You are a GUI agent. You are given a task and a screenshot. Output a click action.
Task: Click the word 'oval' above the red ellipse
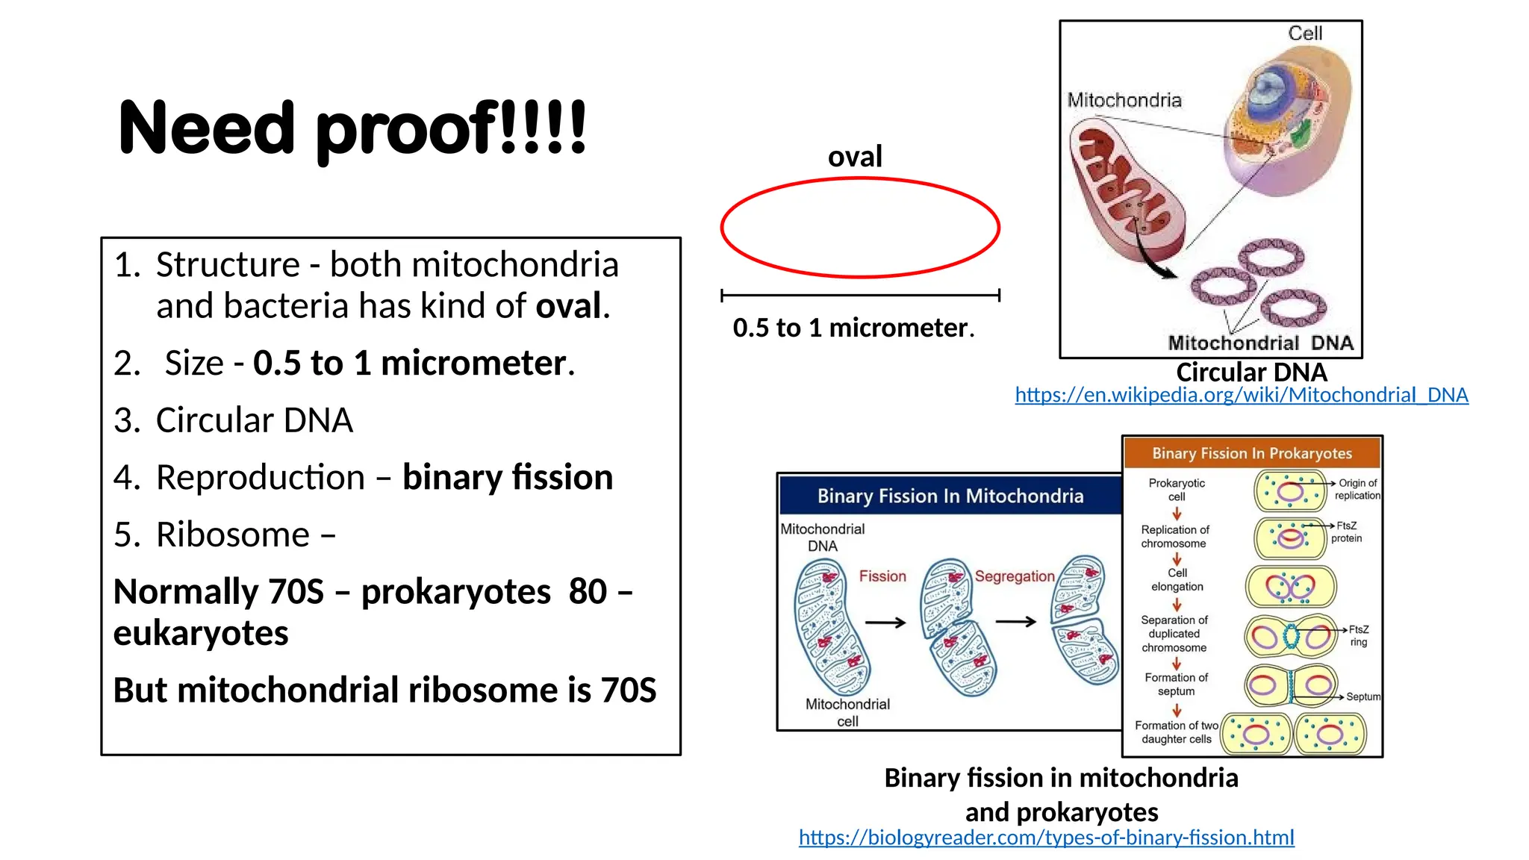tap(855, 157)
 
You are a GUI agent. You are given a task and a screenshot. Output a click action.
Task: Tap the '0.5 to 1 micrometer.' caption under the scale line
tap(853, 328)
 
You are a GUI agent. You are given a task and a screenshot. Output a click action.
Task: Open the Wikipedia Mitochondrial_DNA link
tap(1241, 395)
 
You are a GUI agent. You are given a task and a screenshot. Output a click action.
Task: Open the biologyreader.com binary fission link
tap(1046, 838)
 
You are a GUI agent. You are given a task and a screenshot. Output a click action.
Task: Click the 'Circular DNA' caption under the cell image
tap(1251, 372)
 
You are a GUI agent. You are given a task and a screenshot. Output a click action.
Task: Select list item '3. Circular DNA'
tap(233, 420)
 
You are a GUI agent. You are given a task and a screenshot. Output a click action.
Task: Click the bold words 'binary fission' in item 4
tap(507, 477)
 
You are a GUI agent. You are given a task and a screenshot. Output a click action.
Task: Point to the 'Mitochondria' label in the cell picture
tap(1124, 100)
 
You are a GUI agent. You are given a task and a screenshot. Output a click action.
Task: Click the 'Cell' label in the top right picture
tap(1304, 34)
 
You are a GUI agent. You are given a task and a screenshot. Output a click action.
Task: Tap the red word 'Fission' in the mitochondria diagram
tap(882, 576)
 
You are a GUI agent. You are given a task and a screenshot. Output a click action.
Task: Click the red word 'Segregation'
tap(1014, 576)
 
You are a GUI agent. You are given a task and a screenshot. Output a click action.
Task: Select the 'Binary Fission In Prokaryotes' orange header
tap(1251, 453)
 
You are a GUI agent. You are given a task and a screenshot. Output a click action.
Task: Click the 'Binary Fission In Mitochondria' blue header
tap(950, 496)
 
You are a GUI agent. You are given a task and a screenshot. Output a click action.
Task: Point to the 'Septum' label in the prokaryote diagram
tap(1363, 697)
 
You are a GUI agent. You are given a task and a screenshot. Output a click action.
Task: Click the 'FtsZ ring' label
tap(1358, 635)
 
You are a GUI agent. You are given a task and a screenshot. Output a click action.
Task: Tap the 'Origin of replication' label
tap(1357, 489)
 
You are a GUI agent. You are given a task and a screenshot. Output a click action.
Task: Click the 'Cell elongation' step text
tap(1177, 580)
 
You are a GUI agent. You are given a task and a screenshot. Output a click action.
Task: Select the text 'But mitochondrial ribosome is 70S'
tap(384, 690)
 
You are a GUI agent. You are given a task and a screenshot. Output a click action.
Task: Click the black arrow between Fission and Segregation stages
tap(885, 622)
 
